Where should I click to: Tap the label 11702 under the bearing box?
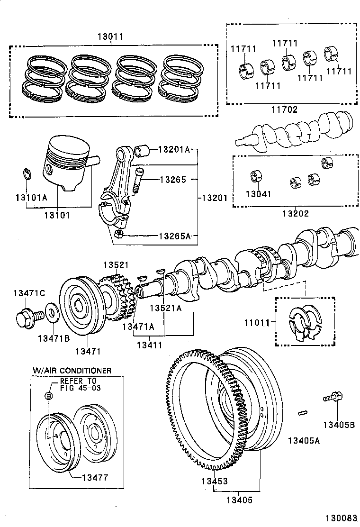tap(284, 110)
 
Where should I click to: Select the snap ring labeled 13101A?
tap(27, 174)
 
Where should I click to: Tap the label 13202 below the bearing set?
tap(296, 213)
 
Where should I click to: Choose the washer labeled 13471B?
tap(50, 313)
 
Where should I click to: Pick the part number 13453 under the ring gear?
tap(216, 482)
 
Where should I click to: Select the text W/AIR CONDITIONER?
tap(72, 371)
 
